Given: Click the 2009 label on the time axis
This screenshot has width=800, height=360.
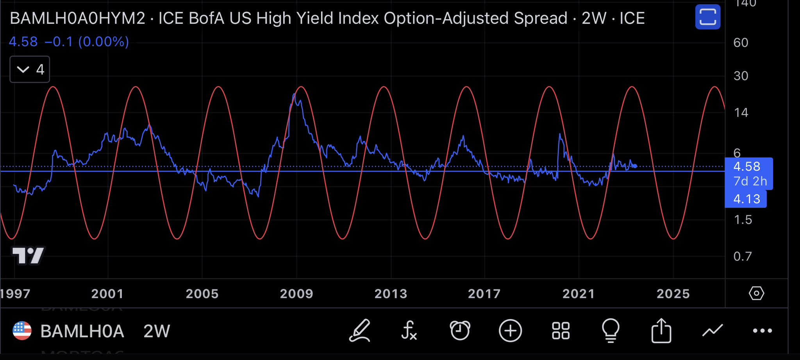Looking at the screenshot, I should [x=296, y=294].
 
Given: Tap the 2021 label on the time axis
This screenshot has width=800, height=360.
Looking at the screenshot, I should [x=579, y=294].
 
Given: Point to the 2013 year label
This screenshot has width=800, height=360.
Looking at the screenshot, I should [x=391, y=294].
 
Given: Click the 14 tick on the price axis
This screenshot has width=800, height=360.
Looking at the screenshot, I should [x=741, y=113].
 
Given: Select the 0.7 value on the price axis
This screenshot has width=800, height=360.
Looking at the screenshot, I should [x=742, y=257].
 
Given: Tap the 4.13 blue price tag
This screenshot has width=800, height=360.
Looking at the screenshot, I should [x=746, y=199].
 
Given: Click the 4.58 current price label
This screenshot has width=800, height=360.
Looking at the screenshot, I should [x=746, y=167].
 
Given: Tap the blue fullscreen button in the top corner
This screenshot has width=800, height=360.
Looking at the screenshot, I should [x=707, y=17].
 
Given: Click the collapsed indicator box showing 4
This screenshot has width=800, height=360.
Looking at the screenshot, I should [x=30, y=70].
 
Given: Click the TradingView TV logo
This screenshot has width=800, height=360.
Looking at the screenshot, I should [x=29, y=256].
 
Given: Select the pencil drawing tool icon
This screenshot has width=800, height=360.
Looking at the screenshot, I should [x=360, y=331].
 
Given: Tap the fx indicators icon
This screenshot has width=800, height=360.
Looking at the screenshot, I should [x=409, y=331].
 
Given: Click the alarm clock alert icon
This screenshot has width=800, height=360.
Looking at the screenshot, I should [x=460, y=331].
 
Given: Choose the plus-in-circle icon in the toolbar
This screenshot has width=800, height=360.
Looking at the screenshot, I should [x=510, y=331].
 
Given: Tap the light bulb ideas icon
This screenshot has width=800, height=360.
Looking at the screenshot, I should [x=611, y=331].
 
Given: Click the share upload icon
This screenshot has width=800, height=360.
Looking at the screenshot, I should [x=661, y=331].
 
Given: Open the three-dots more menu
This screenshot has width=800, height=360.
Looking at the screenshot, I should [x=762, y=331].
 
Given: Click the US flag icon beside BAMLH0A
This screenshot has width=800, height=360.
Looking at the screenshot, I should [x=22, y=331].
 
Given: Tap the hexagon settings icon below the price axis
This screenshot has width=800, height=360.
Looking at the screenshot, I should [x=756, y=293].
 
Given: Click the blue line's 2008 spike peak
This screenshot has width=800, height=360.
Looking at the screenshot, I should [x=294, y=94].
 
